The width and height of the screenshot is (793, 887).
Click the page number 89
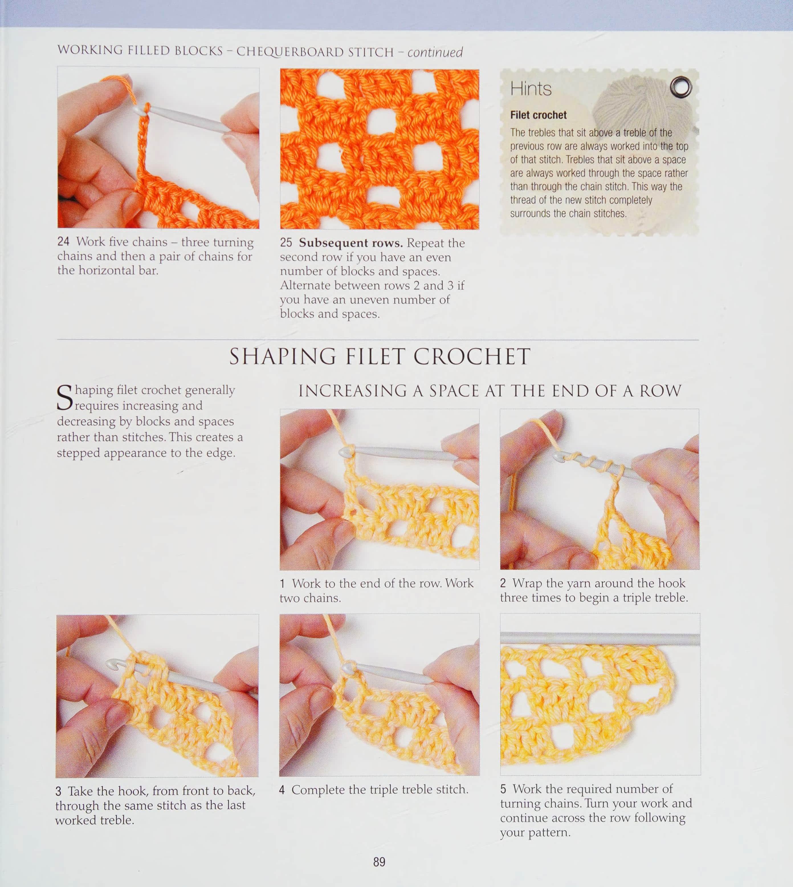click(379, 862)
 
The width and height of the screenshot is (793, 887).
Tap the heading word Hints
click(531, 89)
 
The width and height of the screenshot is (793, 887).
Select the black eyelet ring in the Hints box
click(680, 87)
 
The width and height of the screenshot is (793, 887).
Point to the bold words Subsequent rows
click(351, 243)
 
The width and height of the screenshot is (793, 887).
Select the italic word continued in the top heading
click(435, 52)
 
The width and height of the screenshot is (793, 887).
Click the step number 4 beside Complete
click(282, 790)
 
